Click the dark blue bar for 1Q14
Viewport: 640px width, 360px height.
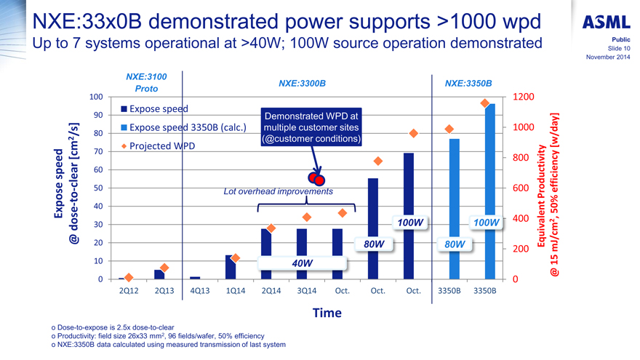pyautogui.click(x=231, y=267)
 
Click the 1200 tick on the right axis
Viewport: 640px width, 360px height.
pyautogui.click(x=524, y=97)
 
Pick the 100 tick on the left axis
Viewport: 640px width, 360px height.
pyautogui.click(x=95, y=97)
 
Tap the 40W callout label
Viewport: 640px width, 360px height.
pyautogui.click(x=302, y=263)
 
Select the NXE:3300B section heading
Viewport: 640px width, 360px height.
pyautogui.click(x=302, y=83)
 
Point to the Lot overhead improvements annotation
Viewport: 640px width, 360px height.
pyautogui.click(x=278, y=192)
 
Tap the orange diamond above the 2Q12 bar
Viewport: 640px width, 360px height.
pyautogui.click(x=129, y=277)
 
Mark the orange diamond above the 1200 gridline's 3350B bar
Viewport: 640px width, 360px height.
pyautogui.click(x=484, y=103)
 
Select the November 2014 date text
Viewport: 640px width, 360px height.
pyautogui.click(x=607, y=57)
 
